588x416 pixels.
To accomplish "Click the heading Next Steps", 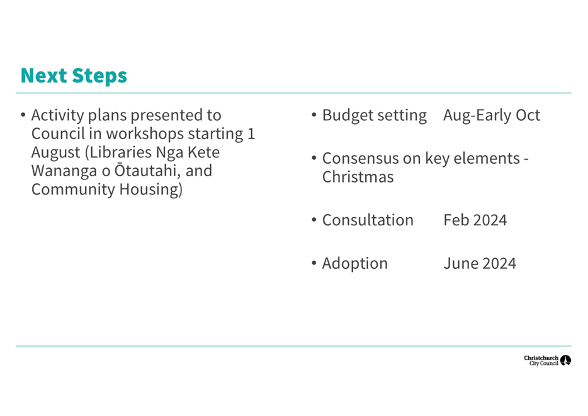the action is click(x=74, y=76).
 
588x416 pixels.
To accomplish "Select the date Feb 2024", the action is click(x=475, y=220).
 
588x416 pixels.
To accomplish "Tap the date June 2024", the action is click(x=480, y=264).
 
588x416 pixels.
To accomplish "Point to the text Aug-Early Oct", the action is click(x=492, y=115).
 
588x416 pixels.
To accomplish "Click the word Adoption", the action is click(x=354, y=264).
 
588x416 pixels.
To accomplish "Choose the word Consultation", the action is click(x=368, y=220).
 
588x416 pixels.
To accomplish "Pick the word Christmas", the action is click(x=358, y=177).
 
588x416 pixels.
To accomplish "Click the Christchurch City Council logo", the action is click(x=548, y=361).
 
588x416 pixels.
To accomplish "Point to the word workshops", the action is click(x=145, y=134).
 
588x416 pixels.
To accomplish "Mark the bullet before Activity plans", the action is click(x=23, y=115).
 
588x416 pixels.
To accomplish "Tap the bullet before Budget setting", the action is click(x=314, y=115).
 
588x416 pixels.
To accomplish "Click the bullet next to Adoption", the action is click(x=314, y=264).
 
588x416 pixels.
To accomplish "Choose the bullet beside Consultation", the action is click(x=314, y=220).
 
